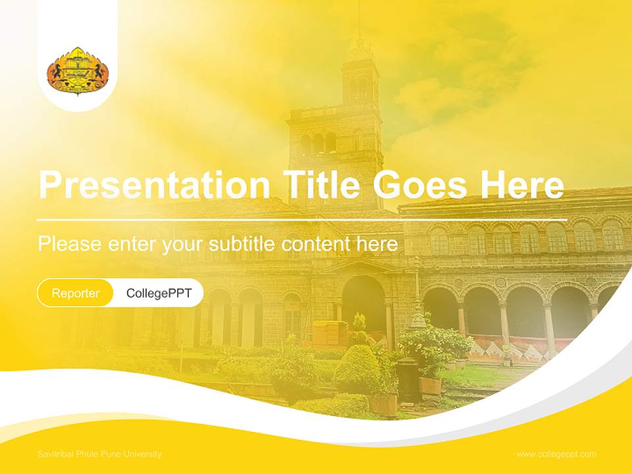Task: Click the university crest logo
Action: [x=78, y=71]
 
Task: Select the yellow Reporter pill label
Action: [x=76, y=293]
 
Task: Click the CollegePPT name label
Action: [x=159, y=293]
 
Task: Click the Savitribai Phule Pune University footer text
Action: [x=99, y=454]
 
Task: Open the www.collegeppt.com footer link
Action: [x=556, y=454]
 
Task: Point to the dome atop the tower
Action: [x=359, y=49]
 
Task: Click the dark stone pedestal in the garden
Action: [x=408, y=382]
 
